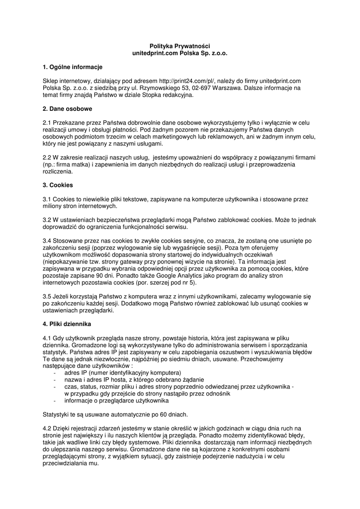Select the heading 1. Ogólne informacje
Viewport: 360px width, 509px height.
click(x=73, y=67)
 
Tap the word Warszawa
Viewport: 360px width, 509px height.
click(x=225, y=88)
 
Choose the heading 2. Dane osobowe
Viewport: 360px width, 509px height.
click(x=67, y=108)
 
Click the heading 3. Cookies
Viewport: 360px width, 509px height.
click(x=58, y=185)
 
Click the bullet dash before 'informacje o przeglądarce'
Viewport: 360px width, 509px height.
click(x=54, y=400)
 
